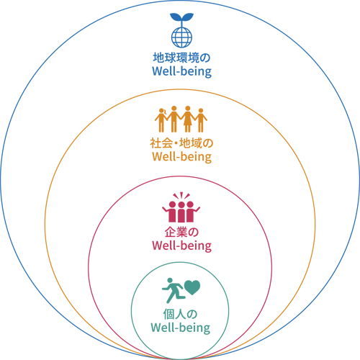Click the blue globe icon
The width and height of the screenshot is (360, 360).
(x=181, y=37)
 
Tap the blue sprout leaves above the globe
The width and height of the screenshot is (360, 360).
(x=181, y=17)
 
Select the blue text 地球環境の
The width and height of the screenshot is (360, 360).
(x=181, y=58)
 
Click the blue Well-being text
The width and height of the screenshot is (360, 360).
(x=181, y=71)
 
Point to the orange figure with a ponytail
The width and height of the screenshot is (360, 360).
(x=161, y=120)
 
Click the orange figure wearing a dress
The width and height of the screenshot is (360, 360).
(x=188, y=119)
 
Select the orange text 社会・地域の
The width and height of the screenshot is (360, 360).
(x=181, y=143)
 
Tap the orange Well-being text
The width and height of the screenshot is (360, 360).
(x=181, y=157)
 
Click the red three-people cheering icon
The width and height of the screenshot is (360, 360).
(x=181, y=207)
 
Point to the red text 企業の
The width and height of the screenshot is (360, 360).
(x=181, y=232)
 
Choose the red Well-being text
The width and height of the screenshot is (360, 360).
(x=181, y=246)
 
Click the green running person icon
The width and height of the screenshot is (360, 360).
(x=174, y=290)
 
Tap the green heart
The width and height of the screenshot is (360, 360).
(x=192, y=287)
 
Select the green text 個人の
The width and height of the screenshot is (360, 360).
(x=180, y=314)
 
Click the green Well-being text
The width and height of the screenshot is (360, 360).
(x=180, y=328)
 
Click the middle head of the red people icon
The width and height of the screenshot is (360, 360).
(x=181, y=205)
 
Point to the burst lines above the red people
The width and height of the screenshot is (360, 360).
(x=181, y=195)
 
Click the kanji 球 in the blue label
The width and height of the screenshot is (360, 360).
(x=171, y=58)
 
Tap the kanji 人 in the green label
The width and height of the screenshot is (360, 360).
(x=180, y=314)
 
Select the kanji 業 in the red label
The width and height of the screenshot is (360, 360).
(x=181, y=232)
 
